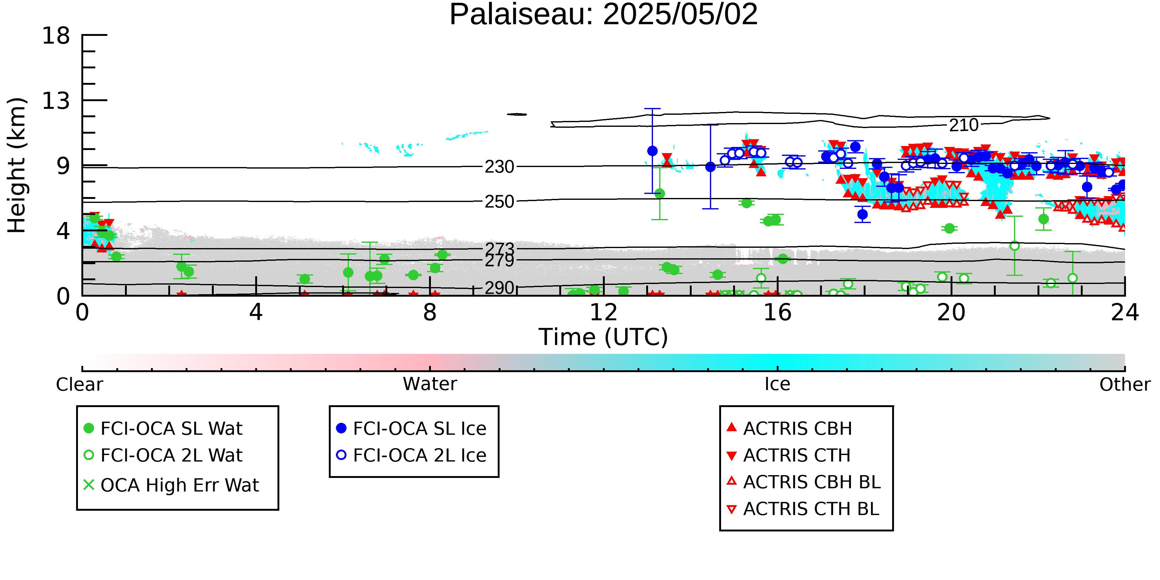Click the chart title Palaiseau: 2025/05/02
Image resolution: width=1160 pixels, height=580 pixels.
coord(604,15)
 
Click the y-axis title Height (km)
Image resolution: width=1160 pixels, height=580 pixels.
coord(17,165)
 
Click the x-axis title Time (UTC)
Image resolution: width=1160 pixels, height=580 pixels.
coord(604,337)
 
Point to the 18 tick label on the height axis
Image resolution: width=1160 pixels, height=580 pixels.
coord(56,35)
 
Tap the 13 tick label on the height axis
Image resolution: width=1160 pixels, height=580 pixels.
coord(56,101)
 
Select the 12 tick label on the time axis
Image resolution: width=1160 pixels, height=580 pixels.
coord(604,312)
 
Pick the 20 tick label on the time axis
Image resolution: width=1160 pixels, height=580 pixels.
coord(951,312)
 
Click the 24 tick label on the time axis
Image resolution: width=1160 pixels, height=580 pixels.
coord(1125,312)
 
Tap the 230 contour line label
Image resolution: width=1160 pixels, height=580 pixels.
coord(499,167)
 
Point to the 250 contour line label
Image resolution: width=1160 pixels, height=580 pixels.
coord(499,202)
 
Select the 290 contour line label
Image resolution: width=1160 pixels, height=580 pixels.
coord(499,288)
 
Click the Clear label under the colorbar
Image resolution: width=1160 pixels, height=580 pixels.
coord(79,385)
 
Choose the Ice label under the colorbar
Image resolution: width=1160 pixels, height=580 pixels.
coord(777,384)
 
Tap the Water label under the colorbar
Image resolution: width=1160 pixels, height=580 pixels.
coord(430,384)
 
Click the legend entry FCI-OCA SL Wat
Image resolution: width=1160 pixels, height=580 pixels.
coord(163,428)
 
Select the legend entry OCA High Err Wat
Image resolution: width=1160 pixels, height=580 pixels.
coord(171,485)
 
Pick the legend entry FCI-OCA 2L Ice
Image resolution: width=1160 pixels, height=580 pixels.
coord(412,455)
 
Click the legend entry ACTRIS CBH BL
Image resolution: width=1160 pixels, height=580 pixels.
coord(804,482)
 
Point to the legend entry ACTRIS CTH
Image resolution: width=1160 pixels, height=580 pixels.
coord(788,455)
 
